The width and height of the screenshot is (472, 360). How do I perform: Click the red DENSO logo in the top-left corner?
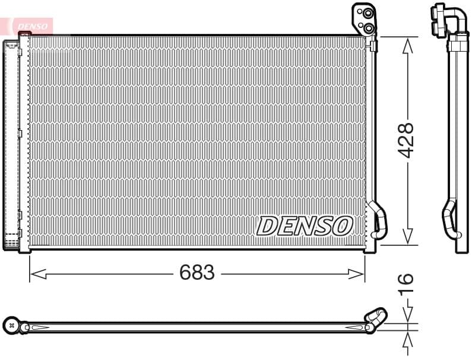pyautogui.click(x=30, y=26)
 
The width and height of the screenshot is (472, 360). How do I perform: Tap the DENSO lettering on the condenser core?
pyautogui.click(x=305, y=226)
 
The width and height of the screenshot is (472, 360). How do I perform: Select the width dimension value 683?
pyautogui.click(x=197, y=273)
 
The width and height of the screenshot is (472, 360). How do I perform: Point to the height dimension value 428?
pyautogui.click(x=406, y=140)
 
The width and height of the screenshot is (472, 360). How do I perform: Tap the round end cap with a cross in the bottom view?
pyautogui.click(x=11, y=325)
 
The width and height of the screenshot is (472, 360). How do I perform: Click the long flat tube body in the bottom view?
pyautogui.click(x=196, y=327)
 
